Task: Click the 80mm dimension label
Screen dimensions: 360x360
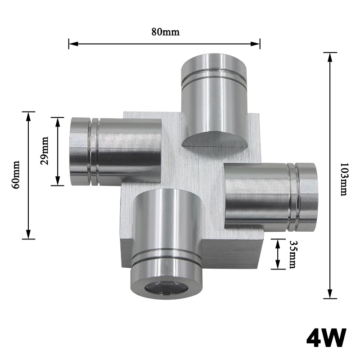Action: (165, 31)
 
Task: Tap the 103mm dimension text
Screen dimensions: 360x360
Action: (344, 179)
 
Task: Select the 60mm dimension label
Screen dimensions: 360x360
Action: (16, 175)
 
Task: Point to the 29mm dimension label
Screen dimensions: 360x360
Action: (44, 151)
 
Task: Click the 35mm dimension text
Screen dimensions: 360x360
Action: (292, 254)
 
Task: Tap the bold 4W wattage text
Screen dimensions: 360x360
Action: (326, 338)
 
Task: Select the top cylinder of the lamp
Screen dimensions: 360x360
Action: (214, 100)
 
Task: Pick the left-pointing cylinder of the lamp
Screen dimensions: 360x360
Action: (115, 151)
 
